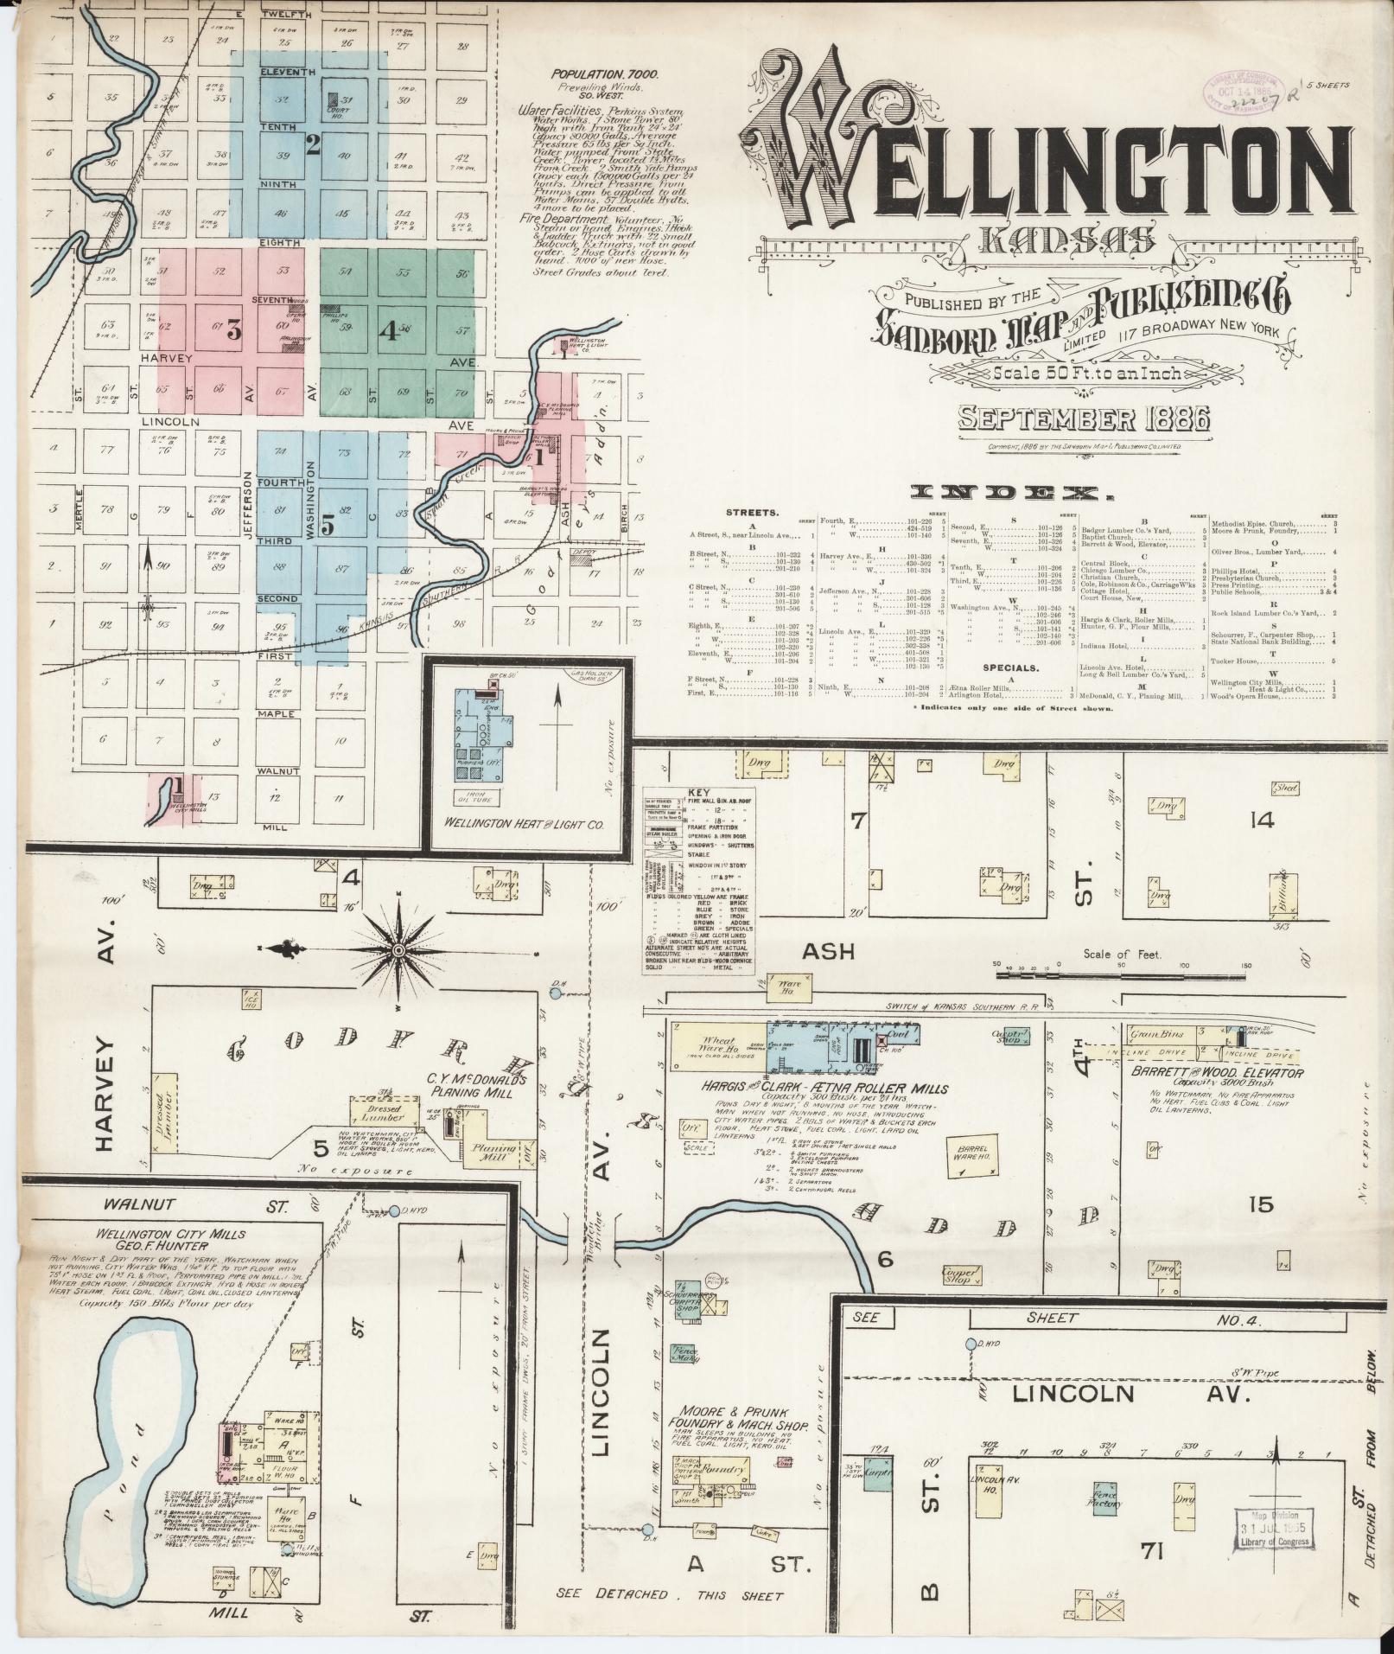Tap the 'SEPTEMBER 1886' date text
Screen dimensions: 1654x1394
click(x=1085, y=419)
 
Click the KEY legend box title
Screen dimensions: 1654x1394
click(x=697, y=792)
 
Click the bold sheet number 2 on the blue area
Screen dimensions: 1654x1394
click(x=313, y=144)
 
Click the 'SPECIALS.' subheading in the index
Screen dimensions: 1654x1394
click(x=1009, y=667)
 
